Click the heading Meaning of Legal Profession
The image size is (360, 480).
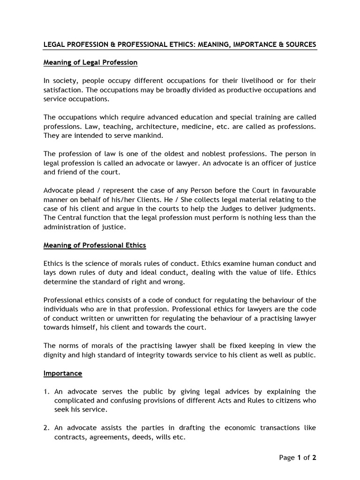coord(90,62)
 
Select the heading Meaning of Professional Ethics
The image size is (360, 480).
coord(95,245)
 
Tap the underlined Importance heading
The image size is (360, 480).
coord(63,373)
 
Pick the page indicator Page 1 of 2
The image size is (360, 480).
coord(298,458)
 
